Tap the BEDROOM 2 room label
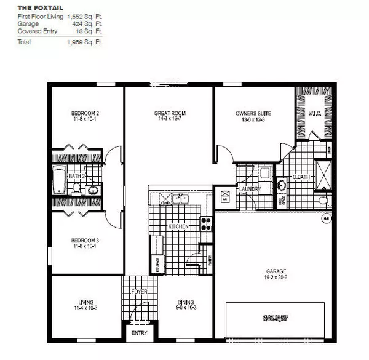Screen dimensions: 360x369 pos(85,113)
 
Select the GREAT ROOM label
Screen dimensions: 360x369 pos(170,113)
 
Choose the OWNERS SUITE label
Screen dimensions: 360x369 pos(253,113)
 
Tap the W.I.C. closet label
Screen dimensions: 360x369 pos(314,113)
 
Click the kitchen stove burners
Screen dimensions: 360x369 pos(207,224)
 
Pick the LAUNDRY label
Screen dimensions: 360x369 pos(251,189)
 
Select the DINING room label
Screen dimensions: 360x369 pos(186,302)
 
